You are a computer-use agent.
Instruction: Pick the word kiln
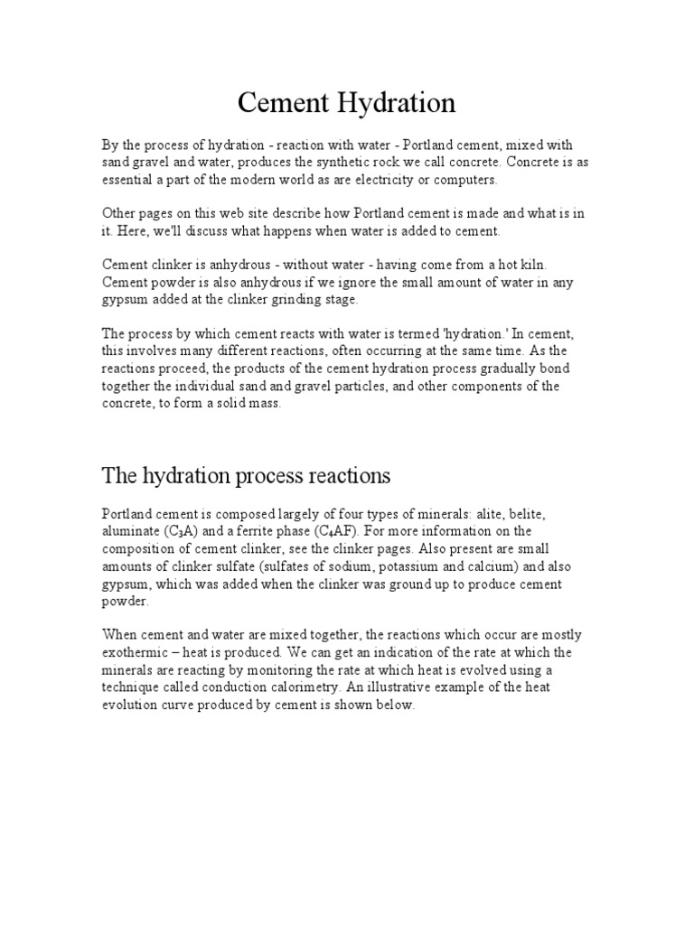[x=530, y=265]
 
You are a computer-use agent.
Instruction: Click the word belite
[x=536, y=513]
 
